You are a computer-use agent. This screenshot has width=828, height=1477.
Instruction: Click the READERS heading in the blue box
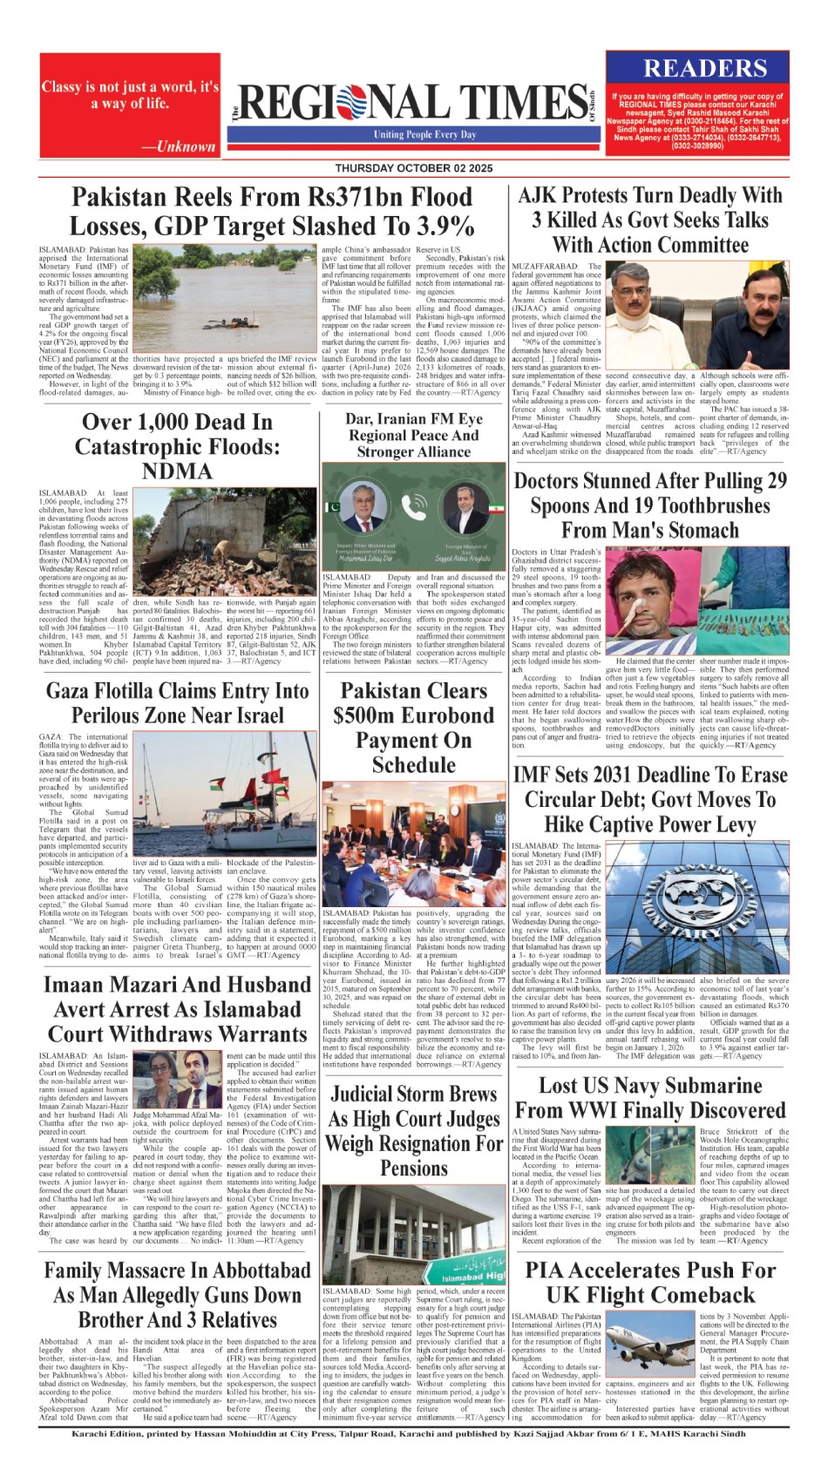pos(705,69)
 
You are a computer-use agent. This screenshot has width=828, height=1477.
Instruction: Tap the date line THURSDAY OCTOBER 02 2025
pos(413,168)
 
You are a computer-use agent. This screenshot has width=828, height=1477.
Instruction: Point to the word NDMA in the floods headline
pos(177,471)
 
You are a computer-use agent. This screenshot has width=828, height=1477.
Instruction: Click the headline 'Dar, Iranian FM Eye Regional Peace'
pos(413,435)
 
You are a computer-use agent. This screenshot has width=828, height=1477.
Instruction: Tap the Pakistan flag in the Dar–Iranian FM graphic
pos(334,505)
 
